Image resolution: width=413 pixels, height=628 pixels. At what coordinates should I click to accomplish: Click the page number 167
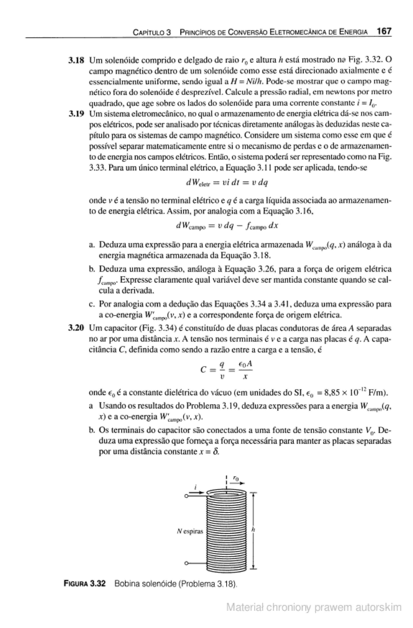click(384, 32)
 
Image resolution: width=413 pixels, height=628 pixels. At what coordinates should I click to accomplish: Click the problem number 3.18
click(76, 60)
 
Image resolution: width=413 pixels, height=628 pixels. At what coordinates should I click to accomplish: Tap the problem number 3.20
click(76, 328)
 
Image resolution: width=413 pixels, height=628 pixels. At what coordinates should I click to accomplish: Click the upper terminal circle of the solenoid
click(186, 496)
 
